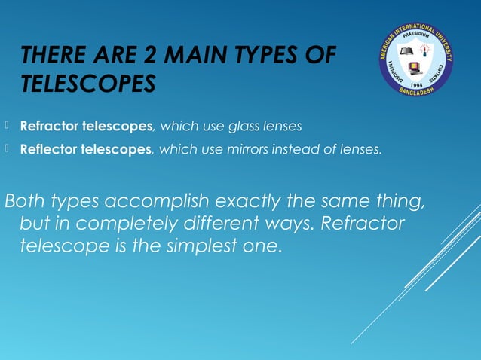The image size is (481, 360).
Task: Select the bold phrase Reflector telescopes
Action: [x=86, y=150]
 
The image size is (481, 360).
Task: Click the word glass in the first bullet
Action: [x=253, y=126]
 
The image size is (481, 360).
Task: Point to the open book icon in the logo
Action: [x=407, y=52]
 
